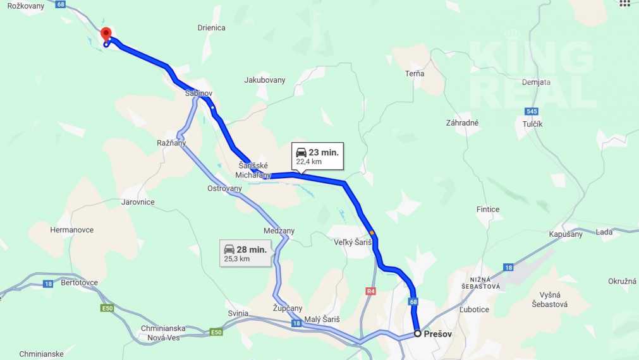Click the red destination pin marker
coord(106,33)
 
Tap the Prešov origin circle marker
coord(417,333)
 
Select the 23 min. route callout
coord(317,156)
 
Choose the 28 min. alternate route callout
coord(246,253)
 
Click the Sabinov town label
coord(198,93)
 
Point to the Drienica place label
coord(211,28)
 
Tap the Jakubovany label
coord(265,80)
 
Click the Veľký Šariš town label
coord(353,243)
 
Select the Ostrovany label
coord(224,188)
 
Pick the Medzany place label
coord(279,231)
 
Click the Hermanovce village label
coord(72,230)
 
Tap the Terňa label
coord(415,74)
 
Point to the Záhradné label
coord(462,123)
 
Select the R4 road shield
coord(370,291)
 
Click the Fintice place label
coord(488,209)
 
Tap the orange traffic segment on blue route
coord(372,233)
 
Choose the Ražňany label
coord(171,143)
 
